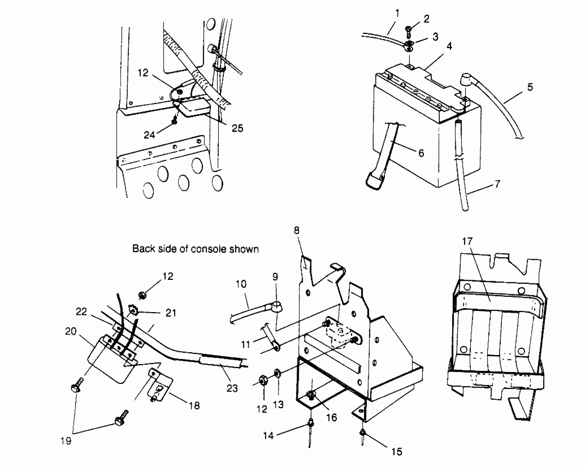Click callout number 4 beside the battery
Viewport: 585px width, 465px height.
click(449, 46)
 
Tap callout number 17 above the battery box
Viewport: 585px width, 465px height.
click(467, 241)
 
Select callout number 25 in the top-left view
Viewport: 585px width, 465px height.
click(237, 128)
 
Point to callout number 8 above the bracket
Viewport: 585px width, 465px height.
click(297, 231)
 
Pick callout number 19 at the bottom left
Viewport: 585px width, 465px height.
click(66, 441)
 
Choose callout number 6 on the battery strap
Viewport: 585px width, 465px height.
click(421, 153)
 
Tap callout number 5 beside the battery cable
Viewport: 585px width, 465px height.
click(530, 87)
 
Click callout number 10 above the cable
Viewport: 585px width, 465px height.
click(241, 284)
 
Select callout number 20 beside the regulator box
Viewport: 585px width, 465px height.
click(71, 332)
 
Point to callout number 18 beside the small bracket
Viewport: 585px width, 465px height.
click(194, 405)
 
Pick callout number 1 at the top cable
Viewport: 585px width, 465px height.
click(397, 13)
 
